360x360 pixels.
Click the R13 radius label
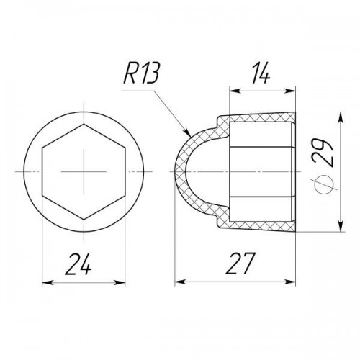[x=141, y=73]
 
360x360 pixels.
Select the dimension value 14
[x=260, y=73]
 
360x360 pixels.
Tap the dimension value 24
[x=78, y=264]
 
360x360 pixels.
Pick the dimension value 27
[x=240, y=264]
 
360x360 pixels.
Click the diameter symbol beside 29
[x=322, y=184]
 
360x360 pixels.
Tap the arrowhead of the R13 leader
[x=186, y=132]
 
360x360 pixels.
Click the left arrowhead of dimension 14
[x=235, y=91]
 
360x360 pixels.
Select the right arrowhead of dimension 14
[x=289, y=91]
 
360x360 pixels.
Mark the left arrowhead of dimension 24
[x=48, y=283]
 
